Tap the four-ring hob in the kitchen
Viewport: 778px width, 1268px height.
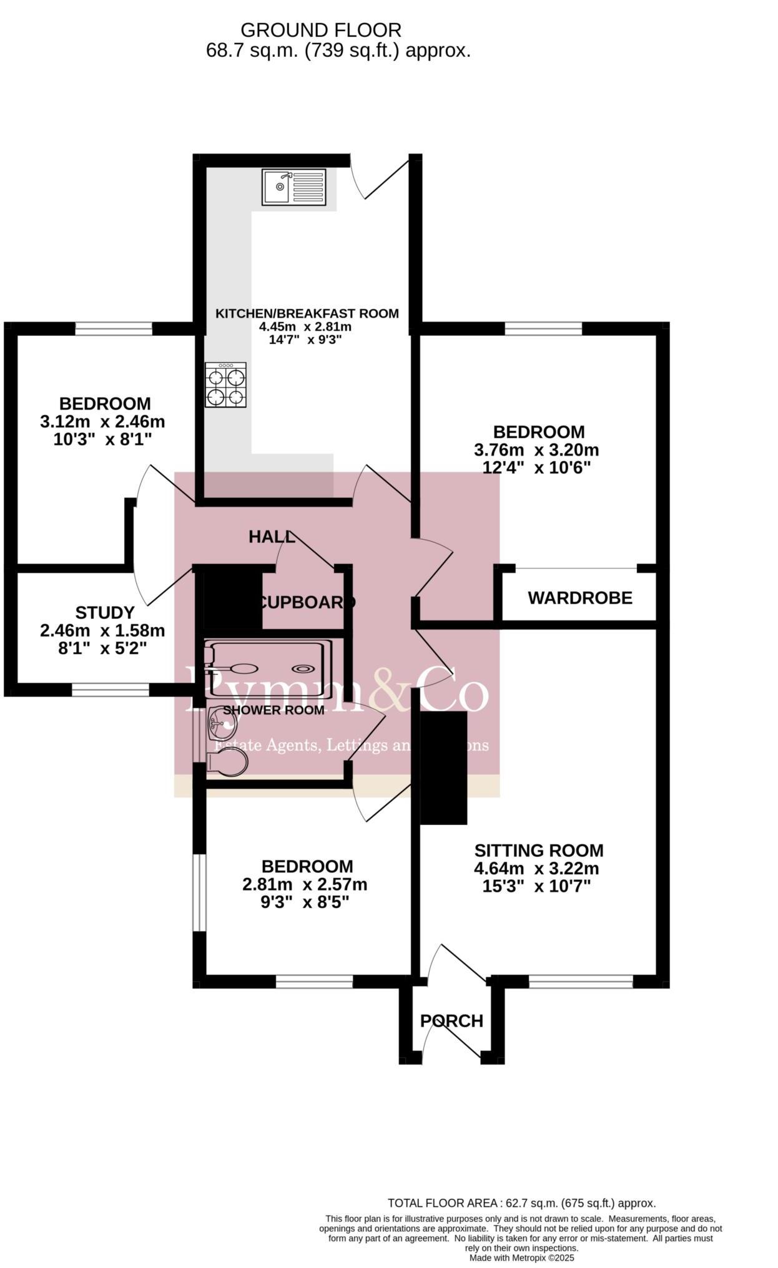[x=225, y=384]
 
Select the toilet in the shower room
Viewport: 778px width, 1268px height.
[x=227, y=763]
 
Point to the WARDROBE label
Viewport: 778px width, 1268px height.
[x=580, y=598]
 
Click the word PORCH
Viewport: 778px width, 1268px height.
[x=451, y=1021]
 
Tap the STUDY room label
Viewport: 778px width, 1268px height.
[x=105, y=613]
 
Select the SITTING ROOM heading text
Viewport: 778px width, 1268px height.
[x=538, y=851]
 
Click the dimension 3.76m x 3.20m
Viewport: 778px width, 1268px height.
[x=536, y=450]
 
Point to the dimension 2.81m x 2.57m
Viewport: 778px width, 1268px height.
[x=305, y=884]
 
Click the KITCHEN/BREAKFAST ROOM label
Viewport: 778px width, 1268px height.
[x=307, y=313]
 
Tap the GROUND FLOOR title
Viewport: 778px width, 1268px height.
[x=320, y=30]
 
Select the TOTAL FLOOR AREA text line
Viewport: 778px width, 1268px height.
[x=521, y=1203]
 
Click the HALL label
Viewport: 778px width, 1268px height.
[x=270, y=537]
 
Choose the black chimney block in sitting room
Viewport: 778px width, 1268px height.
[x=443, y=768]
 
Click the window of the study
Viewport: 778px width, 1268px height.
[x=111, y=690]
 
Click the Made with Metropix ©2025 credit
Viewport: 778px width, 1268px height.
[x=521, y=1258]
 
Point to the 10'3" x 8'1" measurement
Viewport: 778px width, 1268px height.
[x=102, y=439]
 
